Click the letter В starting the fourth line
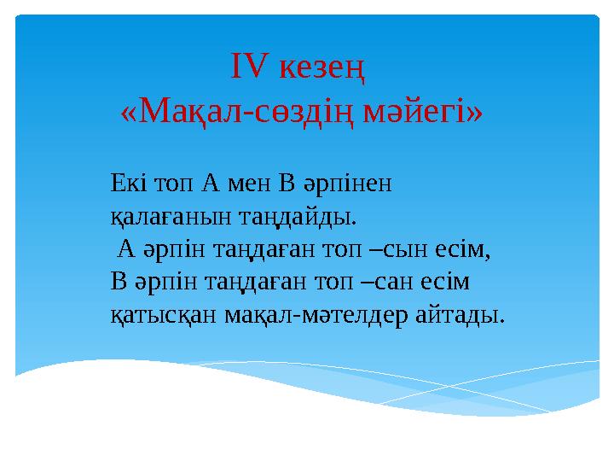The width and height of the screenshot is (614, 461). (x=119, y=282)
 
